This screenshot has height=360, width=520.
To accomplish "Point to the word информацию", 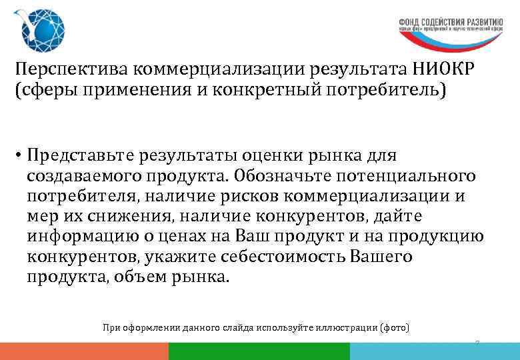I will [x=81, y=237].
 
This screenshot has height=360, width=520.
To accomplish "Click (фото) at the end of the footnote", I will [x=394, y=328].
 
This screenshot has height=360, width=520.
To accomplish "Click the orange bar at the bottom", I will [x=84, y=351].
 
